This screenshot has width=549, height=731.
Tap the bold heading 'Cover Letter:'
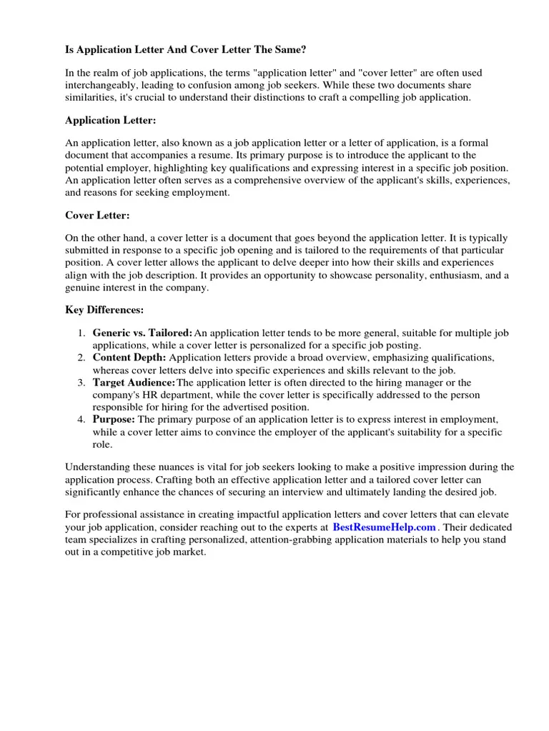pos(97,215)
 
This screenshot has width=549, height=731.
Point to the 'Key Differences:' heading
pos(104,310)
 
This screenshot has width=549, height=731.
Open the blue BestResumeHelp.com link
pos(384,528)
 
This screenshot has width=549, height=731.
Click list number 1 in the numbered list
pos(81,333)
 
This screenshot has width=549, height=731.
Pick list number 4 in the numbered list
pos(81,419)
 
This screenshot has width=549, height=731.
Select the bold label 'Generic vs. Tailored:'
pos(142,333)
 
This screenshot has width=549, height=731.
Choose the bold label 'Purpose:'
pos(114,419)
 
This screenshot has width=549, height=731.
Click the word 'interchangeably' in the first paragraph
pos(101,85)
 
